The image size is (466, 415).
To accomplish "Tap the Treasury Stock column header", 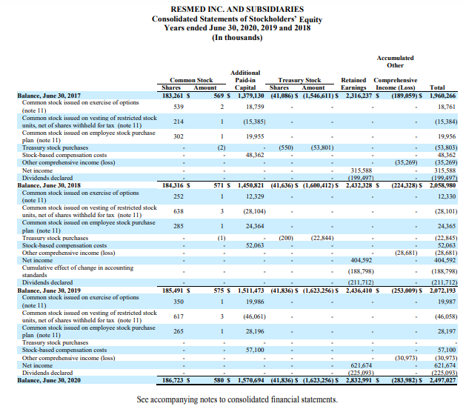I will click(x=299, y=79).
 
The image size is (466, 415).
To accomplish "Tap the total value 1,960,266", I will click(x=442, y=95).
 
